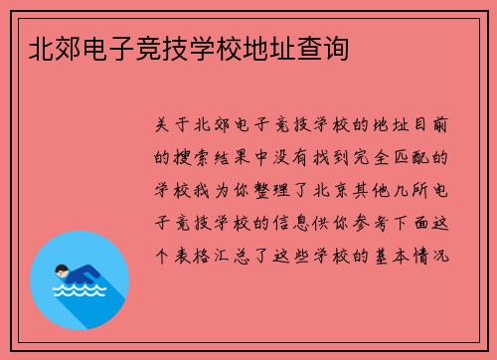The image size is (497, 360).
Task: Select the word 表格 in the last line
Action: [x=200, y=256]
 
